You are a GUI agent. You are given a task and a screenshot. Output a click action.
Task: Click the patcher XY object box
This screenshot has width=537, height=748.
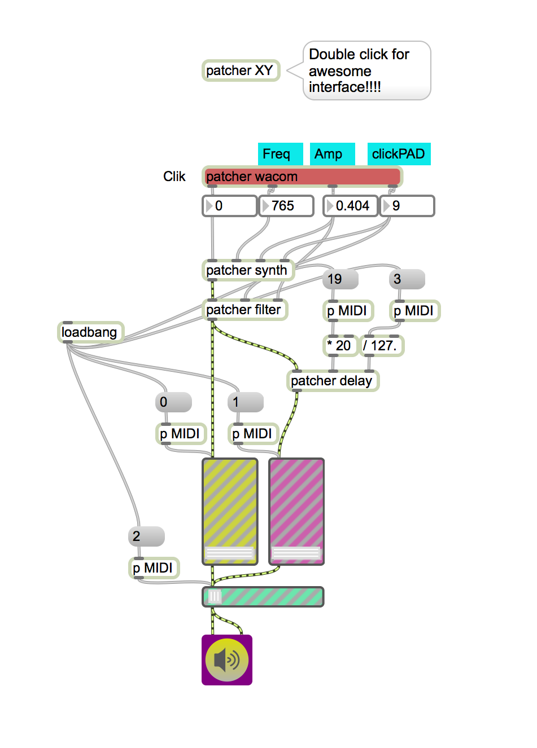pos(241,71)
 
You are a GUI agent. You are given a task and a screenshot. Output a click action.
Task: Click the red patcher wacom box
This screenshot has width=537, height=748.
pos(302,176)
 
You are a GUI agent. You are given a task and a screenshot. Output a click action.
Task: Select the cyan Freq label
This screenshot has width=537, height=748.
pos(280,154)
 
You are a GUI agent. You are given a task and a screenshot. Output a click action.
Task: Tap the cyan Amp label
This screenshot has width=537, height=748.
pos(332,154)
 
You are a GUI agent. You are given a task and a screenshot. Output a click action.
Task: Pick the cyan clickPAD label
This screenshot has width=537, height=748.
pos(399,154)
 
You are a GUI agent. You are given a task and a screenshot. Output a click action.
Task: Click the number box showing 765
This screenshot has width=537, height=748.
pos(286,206)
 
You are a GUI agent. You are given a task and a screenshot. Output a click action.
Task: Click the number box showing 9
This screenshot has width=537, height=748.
pos(408,206)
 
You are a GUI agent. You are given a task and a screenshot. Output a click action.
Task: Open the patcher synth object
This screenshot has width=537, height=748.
pos(247,270)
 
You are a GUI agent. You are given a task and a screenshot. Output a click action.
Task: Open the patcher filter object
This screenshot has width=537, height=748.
pos(245,310)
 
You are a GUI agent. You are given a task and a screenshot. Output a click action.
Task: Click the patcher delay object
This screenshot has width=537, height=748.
pos(332,381)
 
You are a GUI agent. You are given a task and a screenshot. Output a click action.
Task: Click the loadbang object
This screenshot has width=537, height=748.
pos(90,332)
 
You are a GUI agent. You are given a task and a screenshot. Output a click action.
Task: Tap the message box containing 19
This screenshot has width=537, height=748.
pos(340,279)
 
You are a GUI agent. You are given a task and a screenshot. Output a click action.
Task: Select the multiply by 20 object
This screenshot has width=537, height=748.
pos(340,346)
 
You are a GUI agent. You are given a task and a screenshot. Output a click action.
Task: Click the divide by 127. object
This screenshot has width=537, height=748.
pos(381,346)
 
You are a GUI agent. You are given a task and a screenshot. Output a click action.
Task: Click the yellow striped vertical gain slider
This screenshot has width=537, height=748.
pos(230,502)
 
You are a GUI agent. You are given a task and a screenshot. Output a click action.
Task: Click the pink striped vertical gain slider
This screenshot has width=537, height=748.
pos(296,502)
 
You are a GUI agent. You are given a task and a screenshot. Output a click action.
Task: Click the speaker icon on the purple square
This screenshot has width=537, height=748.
pos(227,660)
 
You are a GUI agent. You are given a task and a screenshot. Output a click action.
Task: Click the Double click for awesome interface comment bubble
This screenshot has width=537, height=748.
pos(366,71)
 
